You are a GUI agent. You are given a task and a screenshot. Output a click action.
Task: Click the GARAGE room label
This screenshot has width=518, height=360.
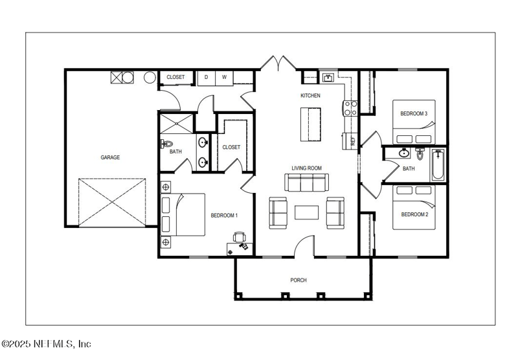coord(109,157)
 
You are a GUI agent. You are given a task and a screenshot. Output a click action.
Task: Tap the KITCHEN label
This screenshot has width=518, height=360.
coord(310,96)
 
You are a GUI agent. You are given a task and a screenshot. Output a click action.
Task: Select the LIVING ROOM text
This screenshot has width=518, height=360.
coord(306,168)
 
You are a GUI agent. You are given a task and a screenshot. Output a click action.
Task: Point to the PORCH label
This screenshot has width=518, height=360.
coord(298,280)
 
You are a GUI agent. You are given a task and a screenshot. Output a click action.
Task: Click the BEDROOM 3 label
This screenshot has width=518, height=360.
coord(414,114)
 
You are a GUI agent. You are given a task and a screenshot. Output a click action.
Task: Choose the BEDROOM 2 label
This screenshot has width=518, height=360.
coord(414,214)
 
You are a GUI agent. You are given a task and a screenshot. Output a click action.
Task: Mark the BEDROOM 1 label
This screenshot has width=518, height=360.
coord(224,216)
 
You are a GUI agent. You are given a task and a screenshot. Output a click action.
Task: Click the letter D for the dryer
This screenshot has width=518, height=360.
coord(206,77)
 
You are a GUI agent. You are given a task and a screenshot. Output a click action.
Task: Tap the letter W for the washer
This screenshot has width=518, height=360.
coord(224,77)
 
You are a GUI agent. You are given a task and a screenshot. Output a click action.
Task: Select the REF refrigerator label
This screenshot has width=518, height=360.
coord(353,140)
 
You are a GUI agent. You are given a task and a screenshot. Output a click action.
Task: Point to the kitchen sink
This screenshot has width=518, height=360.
coord(328,78)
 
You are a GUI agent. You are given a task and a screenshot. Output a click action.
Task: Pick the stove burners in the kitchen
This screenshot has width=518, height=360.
coord(350,107)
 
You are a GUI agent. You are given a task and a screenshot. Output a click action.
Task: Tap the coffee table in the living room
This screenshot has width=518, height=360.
coord(306,212)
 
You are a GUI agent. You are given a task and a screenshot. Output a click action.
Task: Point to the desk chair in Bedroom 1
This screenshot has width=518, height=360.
coord(240,237)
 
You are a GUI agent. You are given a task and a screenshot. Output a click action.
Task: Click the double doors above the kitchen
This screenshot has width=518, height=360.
coord(277,63)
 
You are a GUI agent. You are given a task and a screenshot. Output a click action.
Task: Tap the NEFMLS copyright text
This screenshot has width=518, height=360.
coord(47,343)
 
